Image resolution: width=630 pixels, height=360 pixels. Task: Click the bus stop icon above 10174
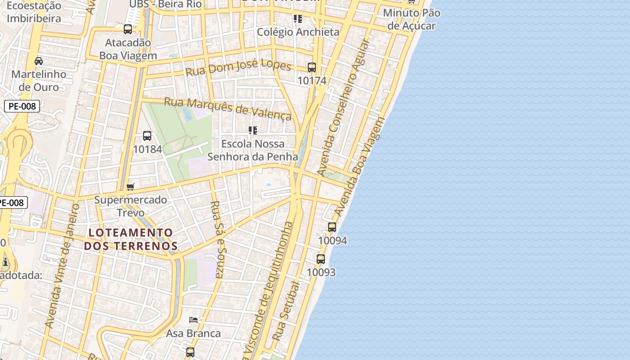click(x=312, y=67)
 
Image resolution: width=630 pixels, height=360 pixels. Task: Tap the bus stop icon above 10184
click(x=147, y=135)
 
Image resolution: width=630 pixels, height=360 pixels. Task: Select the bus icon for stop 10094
click(x=332, y=227)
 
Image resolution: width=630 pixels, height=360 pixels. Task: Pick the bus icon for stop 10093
click(x=321, y=259)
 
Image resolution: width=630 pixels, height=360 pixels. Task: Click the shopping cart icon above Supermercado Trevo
click(x=130, y=187)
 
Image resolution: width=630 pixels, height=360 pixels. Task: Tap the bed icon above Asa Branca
click(x=193, y=320)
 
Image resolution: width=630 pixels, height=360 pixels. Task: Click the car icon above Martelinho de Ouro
click(x=39, y=61)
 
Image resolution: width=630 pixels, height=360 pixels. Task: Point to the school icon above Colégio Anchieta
click(x=297, y=19)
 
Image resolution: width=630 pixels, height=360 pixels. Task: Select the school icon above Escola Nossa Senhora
click(x=253, y=130)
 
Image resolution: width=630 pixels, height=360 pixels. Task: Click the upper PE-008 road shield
click(x=22, y=106)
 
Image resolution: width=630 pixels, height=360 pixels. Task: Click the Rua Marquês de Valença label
click(x=228, y=108)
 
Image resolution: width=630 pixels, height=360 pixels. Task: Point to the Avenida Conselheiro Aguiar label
click(x=343, y=107)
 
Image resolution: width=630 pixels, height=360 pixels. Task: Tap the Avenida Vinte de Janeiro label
click(x=63, y=265)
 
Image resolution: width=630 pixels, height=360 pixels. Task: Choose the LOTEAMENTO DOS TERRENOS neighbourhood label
click(x=130, y=239)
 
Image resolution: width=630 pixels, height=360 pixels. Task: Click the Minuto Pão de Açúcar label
click(x=411, y=19)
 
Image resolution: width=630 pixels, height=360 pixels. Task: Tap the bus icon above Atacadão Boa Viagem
click(x=128, y=29)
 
